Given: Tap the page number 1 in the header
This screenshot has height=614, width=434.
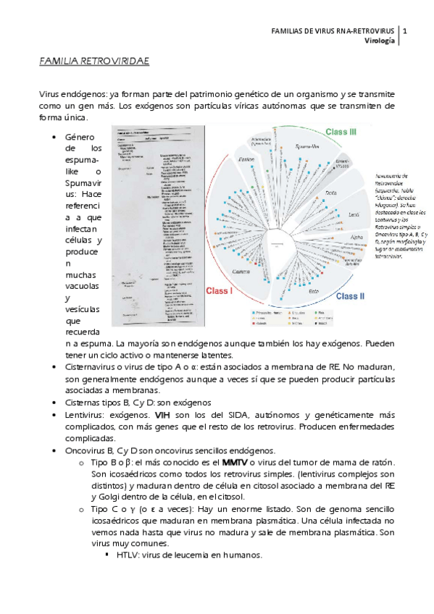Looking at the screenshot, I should click(x=404, y=31).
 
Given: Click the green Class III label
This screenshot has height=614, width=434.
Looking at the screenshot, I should click(x=341, y=132).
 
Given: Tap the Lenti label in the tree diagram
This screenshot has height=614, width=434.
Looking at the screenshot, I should click(x=355, y=214).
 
